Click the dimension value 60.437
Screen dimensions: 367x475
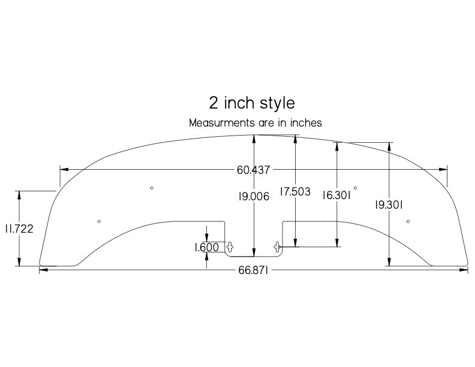[252, 170]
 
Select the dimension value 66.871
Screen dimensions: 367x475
[252, 270]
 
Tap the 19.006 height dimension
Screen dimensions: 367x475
[253, 196]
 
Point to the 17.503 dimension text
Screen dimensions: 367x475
[295, 192]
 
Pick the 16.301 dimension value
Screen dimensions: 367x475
[336, 195]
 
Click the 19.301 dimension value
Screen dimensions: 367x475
[389, 204]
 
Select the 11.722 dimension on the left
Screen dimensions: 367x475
[19, 228]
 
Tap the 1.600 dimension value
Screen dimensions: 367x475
[206, 246]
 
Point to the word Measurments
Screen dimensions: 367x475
[217, 123]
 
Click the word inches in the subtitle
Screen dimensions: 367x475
[306, 123]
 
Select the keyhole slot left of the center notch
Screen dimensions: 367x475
[229, 246]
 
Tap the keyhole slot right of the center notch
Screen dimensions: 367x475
[277, 246]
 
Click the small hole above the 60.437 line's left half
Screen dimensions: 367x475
[152, 188]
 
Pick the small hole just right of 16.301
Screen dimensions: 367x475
[356, 188]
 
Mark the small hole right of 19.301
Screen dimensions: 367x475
[408, 221]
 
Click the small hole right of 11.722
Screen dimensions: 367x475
[99, 221]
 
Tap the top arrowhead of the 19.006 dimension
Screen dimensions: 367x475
[255, 137]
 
